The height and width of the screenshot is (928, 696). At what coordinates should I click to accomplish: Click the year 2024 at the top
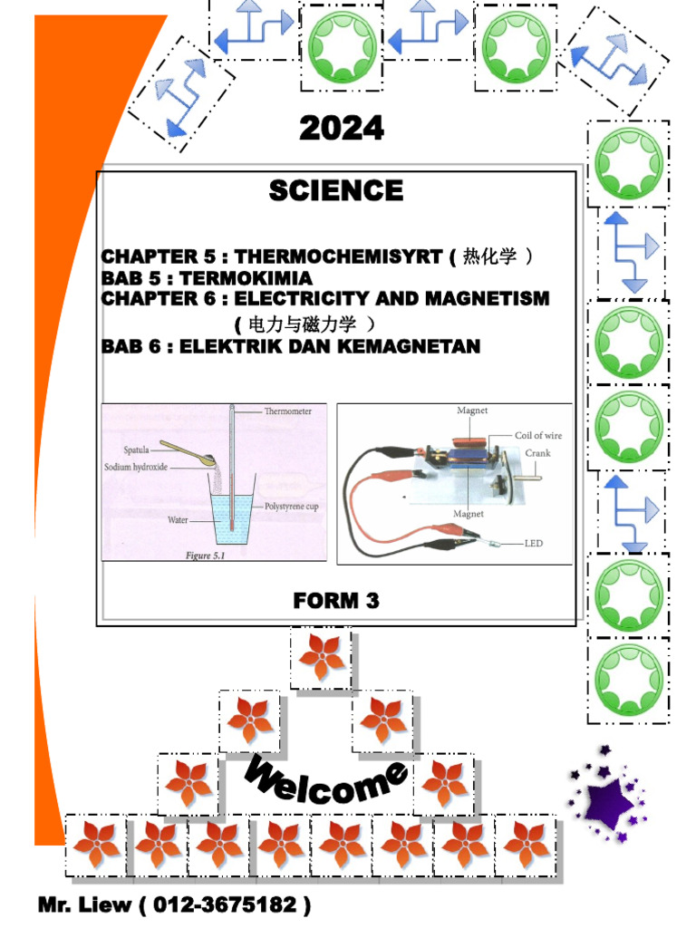point(342,129)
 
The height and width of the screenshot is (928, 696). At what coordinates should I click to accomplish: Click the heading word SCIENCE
point(335,190)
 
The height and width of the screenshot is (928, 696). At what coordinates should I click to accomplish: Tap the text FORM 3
point(336,600)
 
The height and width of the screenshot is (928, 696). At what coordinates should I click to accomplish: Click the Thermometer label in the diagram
point(287,411)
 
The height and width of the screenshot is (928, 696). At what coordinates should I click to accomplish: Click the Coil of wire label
point(538,436)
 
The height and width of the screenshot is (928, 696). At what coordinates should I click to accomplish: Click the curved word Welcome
point(325,781)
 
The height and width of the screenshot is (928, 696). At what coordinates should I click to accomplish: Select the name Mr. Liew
point(83,905)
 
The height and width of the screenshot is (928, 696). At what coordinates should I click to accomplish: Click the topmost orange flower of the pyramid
point(321,656)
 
